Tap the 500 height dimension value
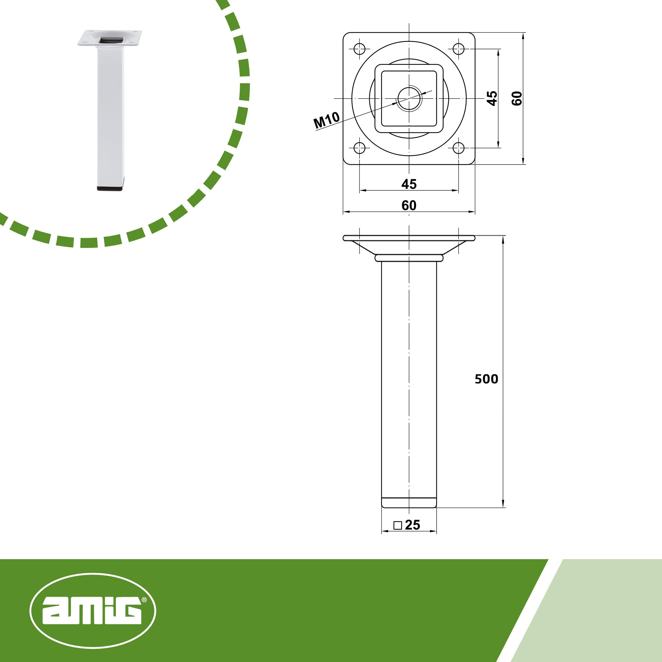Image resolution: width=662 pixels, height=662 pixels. coord(486,379)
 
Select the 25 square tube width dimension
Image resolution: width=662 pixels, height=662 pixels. coord(412,525)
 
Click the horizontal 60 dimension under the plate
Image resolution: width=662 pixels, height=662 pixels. coord(409,205)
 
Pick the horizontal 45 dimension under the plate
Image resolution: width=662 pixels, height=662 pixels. coord(409,184)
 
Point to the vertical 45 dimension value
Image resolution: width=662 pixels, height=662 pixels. coord(492,98)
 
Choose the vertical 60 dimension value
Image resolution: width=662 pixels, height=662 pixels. coord(517,98)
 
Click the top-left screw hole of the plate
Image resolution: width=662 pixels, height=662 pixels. coord(359,49)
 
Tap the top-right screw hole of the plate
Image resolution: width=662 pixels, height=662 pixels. coord(458,49)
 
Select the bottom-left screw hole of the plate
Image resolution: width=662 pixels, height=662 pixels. coord(359,148)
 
